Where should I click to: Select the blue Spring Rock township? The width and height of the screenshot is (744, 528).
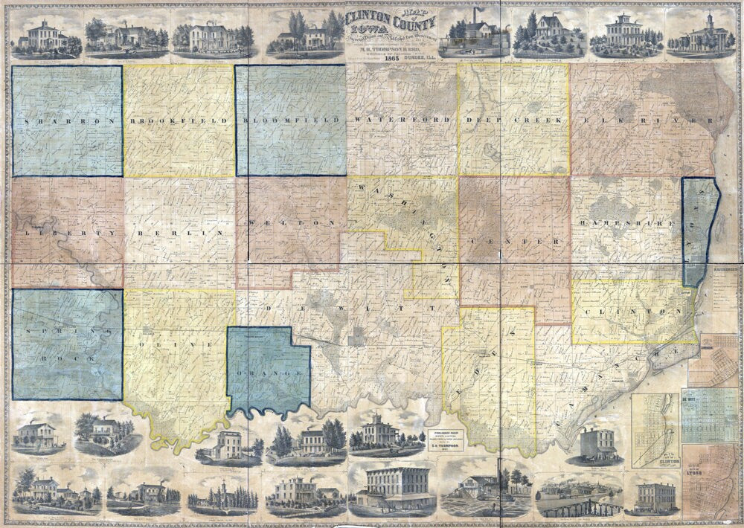(67, 344)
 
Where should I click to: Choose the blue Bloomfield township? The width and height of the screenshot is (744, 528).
(290, 120)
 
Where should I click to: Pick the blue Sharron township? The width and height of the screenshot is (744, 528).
(67, 120)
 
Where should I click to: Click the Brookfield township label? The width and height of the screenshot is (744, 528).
(179, 120)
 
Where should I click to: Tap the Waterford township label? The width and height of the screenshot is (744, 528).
(402, 120)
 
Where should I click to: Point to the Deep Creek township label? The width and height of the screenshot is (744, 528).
(513, 120)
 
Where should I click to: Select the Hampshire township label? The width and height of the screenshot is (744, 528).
(625, 222)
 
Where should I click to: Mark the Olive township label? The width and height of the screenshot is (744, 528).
(179, 344)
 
